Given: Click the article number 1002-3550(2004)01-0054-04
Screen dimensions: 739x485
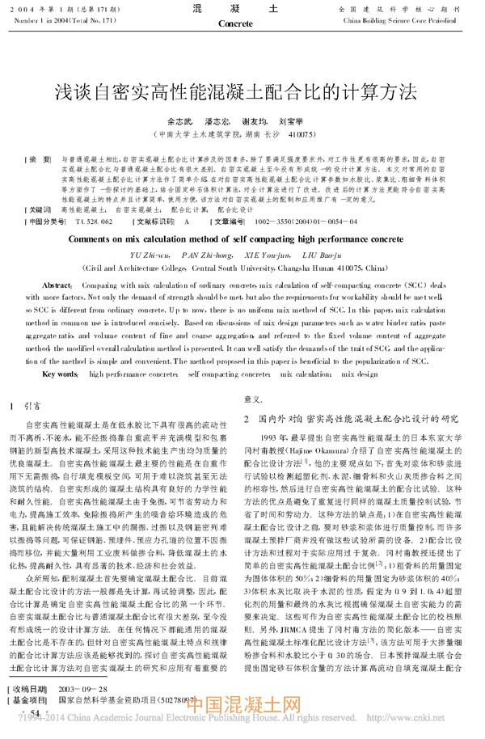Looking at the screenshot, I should (x=301, y=221).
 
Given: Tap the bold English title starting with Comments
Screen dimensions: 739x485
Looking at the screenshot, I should (x=242, y=239).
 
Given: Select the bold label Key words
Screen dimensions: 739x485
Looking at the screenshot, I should (x=60, y=374).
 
